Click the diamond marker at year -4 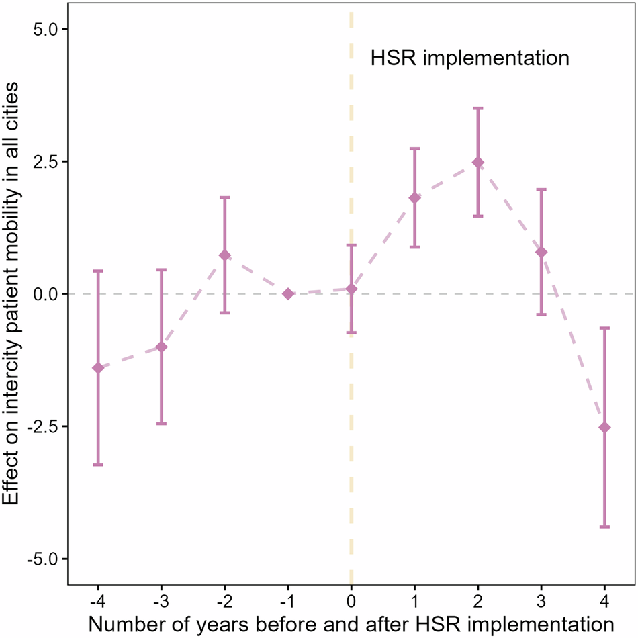[98, 367]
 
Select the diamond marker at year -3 [161, 347]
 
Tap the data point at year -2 [225, 255]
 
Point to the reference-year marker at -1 [288, 293]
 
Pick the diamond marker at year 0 [351, 289]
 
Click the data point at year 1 [415, 197]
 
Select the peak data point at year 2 [478, 162]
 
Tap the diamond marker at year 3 [541, 252]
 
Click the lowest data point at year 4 [604, 427]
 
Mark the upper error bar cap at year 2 [478, 108]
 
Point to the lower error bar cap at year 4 [604, 527]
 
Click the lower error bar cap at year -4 [98, 465]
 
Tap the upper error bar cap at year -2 [225, 197]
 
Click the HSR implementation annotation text [470, 58]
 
